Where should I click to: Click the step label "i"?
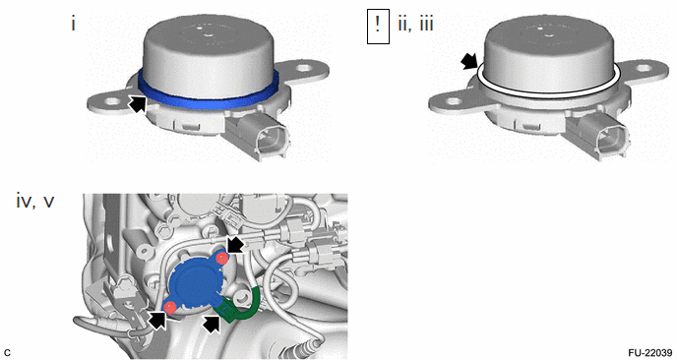pyautogui.click(x=74, y=24)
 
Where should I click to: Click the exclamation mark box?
pyautogui.click(x=378, y=27)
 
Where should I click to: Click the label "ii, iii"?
pyautogui.click(x=415, y=25)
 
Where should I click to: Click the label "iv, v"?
pyautogui.click(x=35, y=201)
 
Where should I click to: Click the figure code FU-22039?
pyautogui.click(x=650, y=353)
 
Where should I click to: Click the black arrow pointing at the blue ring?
pyautogui.click(x=138, y=103)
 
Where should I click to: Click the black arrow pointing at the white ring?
pyautogui.click(x=469, y=62)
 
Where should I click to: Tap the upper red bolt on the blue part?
pyautogui.click(x=222, y=259)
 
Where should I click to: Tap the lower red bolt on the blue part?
pyautogui.click(x=170, y=307)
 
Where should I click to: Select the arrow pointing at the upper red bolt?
pyautogui.click(x=236, y=245)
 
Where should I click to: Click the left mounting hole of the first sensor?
pyautogui.click(x=112, y=102)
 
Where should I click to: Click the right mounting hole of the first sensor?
pyautogui.click(x=305, y=68)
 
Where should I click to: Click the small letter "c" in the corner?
pyautogui.click(x=7, y=353)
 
